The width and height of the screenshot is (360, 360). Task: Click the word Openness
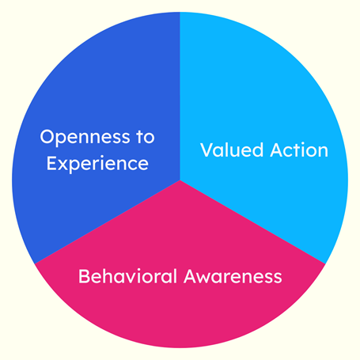85,138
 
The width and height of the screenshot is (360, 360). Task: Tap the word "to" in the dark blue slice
146,137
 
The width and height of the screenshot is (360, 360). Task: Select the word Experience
97,165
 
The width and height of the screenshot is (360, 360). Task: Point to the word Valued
232,150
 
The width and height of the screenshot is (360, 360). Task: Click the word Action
299,150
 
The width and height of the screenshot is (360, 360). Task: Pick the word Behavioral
127,276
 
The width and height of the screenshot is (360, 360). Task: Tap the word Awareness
233,276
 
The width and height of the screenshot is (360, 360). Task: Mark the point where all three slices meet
180,180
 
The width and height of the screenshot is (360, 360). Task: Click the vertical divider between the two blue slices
180,96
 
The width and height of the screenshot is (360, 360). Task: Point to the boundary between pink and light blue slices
252,222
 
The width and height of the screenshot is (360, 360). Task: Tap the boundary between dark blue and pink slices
108,222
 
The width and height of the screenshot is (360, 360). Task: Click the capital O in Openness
47,136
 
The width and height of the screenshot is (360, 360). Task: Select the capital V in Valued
207,150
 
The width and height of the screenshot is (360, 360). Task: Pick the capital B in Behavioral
84,276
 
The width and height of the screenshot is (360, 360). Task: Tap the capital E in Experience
52,164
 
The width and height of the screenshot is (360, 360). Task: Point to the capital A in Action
278,150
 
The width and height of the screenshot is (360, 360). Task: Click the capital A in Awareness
191,276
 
